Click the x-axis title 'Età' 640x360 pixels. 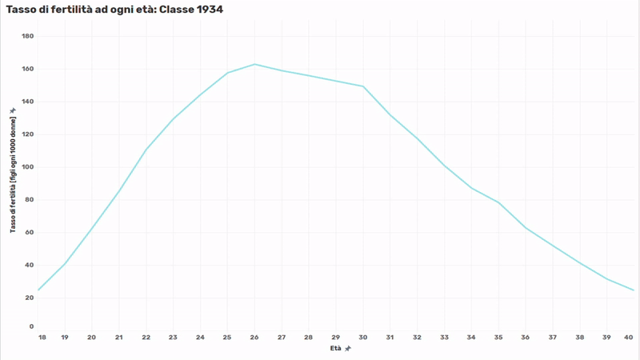coord(336,349)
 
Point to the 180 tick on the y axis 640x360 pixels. coord(28,36)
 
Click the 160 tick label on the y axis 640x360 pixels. coord(28,69)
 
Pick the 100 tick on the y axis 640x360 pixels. coord(28,167)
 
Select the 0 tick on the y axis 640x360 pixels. coord(31,326)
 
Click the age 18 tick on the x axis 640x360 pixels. coord(42,338)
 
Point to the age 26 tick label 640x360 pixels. coord(254,338)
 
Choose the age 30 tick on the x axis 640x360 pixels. coord(363,338)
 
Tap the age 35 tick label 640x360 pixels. coord(498,338)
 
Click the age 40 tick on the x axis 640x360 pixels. coord(630,338)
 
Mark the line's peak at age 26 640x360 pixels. coord(254,64)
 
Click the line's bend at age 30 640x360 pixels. coord(363,86)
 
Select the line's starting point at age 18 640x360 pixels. coord(38,290)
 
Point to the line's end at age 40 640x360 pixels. coord(633,290)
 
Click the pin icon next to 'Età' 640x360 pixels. coord(348,349)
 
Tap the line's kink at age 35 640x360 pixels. coord(498,202)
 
